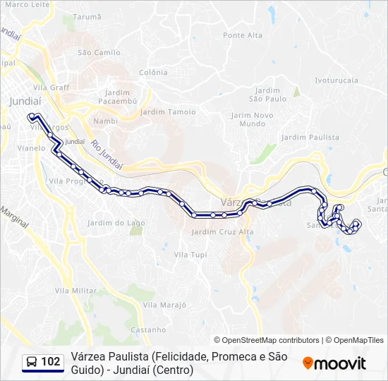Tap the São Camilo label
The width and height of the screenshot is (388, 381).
click(99, 52)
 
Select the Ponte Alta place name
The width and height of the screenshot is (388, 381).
click(242, 35)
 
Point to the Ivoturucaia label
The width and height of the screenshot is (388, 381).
click(337, 80)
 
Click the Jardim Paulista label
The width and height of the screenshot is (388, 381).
click(310, 137)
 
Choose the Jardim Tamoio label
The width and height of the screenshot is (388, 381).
click(168, 112)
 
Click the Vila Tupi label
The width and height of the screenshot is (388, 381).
click(190, 254)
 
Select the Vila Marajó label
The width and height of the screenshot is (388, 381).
click(164, 305)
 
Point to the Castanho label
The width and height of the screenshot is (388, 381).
click(149, 329)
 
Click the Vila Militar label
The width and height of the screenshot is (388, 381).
click(75, 291)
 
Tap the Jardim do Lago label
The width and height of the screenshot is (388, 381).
click(116, 223)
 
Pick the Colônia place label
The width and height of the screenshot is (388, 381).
click(153, 73)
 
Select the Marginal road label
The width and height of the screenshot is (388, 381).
click(14, 217)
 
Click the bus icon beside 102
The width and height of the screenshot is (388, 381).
click(32, 362)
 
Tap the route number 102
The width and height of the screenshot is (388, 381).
click(51, 362)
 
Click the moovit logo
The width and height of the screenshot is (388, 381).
click(334, 363)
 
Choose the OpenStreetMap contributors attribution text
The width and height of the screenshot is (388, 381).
click(267, 340)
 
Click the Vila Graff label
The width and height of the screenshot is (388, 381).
click(56, 87)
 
